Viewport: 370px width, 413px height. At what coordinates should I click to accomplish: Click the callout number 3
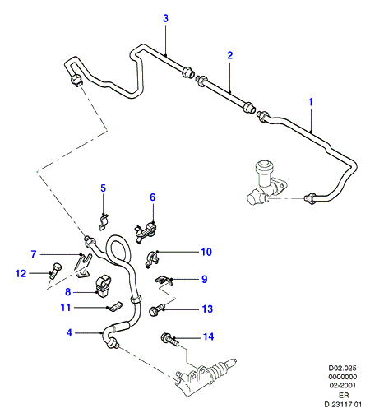[x=165, y=19]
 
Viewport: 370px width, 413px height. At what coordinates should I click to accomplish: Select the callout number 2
[x=230, y=55]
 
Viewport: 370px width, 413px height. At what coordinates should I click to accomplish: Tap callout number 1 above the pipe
[x=311, y=102]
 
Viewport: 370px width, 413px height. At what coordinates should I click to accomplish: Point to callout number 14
[x=208, y=336]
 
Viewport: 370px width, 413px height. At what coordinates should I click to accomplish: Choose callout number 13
[x=207, y=309]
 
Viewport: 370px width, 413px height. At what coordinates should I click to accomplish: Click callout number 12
[x=21, y=273]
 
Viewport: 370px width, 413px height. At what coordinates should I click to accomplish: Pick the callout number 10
[x=206, y=252]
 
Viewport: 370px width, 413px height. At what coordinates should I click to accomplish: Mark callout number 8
[x=68, y=292]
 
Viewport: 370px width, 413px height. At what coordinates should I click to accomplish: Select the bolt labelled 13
[x=156, y=309]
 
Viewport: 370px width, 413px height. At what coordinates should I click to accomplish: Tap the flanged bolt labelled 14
[x=171, y=340]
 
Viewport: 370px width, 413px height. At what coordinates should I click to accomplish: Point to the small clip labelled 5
[x=104, y=221]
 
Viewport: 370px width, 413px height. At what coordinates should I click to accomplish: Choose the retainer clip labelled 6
[x=146, y=231]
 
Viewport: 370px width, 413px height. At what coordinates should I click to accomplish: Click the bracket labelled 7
[x=83, y=265]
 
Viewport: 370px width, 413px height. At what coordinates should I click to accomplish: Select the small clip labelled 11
[x=114, y=307]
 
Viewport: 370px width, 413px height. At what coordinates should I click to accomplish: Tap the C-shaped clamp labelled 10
[x=152, y=259]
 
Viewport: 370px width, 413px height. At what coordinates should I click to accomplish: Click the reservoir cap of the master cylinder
[x=264, y=167]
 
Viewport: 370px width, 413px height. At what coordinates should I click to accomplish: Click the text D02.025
[x=343, y=368]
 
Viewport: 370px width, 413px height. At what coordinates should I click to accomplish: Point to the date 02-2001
[x=343, y=385]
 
